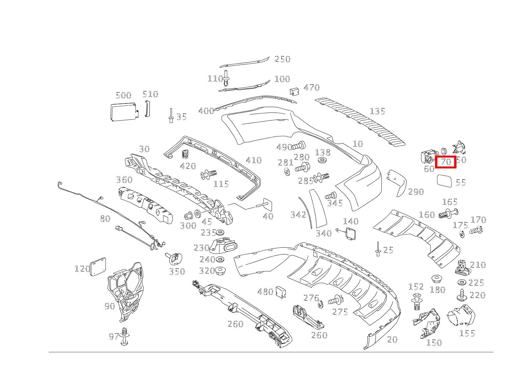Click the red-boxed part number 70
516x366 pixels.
tap(446, 161)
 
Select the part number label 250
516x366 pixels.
tap(283, 59)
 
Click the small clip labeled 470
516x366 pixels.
tap(294, 91)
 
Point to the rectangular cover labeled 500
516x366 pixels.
tap(123, 112)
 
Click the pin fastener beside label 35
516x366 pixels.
tap(171, 116)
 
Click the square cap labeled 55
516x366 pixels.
tap(444, 181)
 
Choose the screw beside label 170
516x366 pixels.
tap(476, 231)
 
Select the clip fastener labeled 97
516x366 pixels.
tap(125, 336)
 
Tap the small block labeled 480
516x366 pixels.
tap(281, 293)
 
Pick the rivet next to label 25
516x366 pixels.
tap(377, 249)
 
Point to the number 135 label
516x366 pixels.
tap(377, 112)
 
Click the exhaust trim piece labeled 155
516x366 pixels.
tap(461, 315)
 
